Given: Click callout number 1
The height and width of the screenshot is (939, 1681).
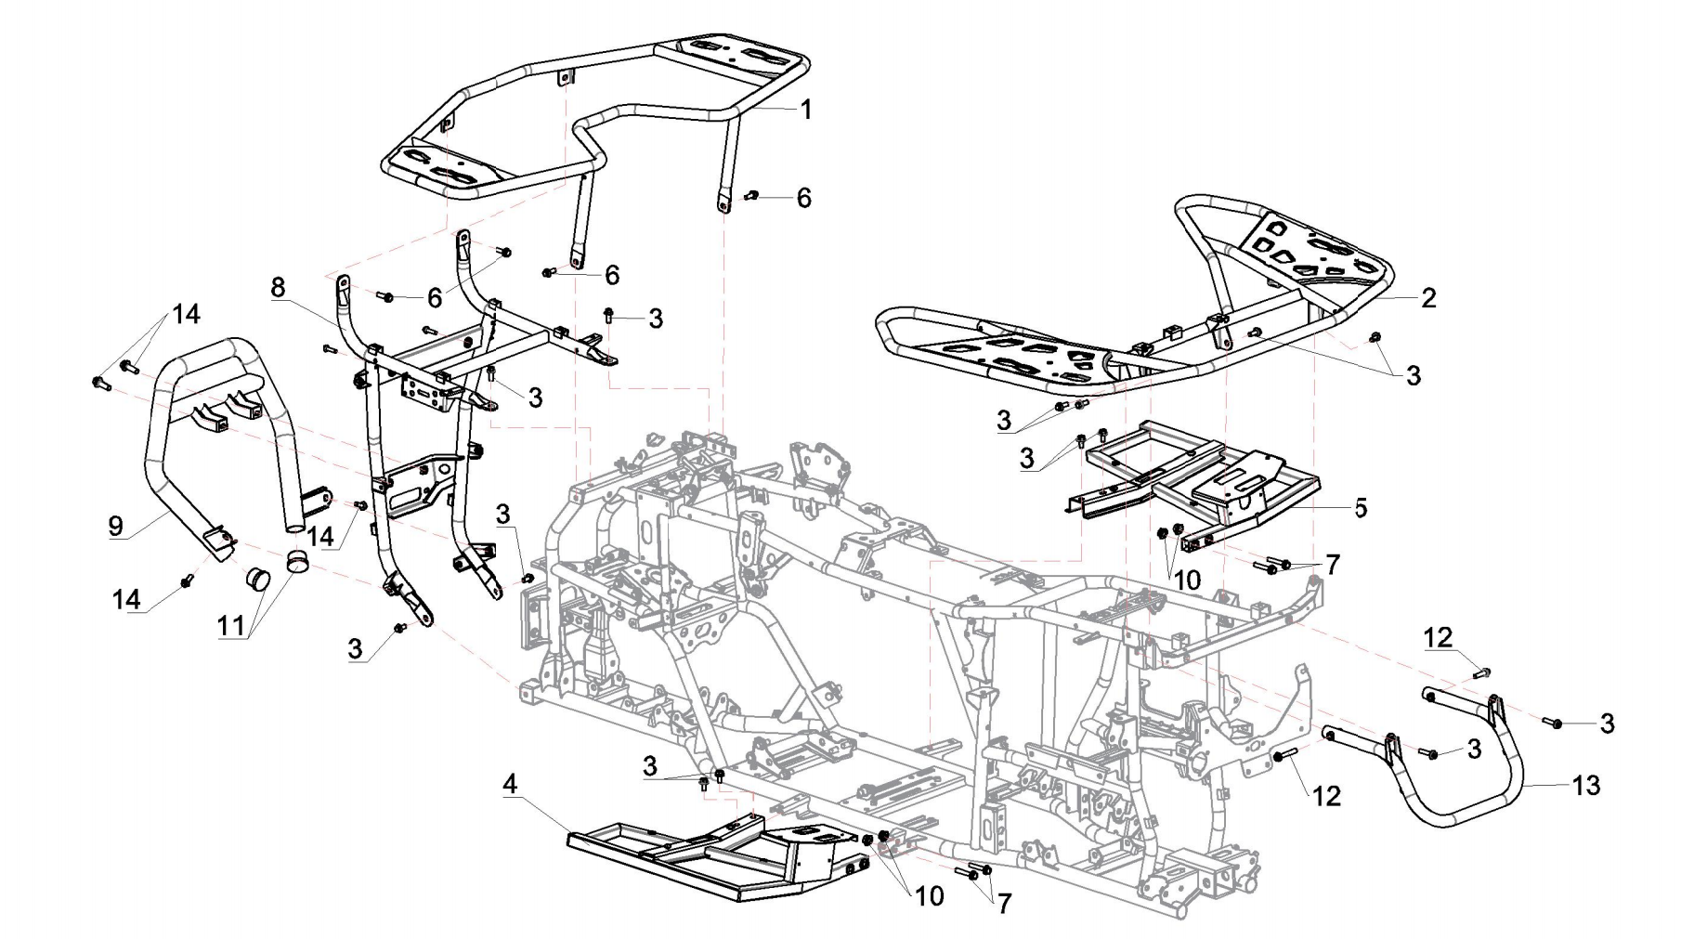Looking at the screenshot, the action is coord(806,110).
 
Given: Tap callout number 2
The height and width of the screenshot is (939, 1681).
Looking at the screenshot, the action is coord(1428,298).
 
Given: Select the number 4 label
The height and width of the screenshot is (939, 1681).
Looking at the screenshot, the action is coord(509,785).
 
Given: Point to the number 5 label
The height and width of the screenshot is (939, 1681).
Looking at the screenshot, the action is coord(1361,507).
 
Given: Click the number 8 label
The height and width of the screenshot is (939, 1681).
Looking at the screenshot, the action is coord(278,288).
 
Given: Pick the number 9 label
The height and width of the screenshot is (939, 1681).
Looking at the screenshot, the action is coord(115,527).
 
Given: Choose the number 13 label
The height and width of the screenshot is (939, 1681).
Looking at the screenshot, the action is coord(1587,786).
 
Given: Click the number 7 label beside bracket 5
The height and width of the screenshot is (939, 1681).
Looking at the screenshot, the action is coord(1333,565).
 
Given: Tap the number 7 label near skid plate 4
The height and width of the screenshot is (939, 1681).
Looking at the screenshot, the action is coord(1003,905).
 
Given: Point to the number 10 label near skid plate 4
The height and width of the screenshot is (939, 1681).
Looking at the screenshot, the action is coord(929,896).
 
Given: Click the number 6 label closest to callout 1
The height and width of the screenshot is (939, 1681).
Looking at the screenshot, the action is coord(803,198).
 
